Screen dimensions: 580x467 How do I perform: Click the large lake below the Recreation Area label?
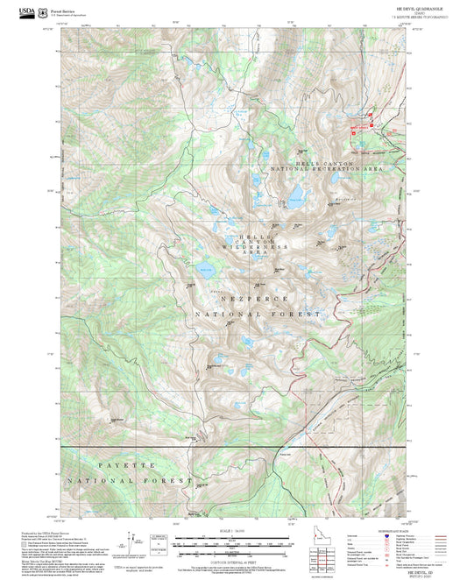tap(297, 192)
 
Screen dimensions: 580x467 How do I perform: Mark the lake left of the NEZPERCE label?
tap(203, 269)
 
